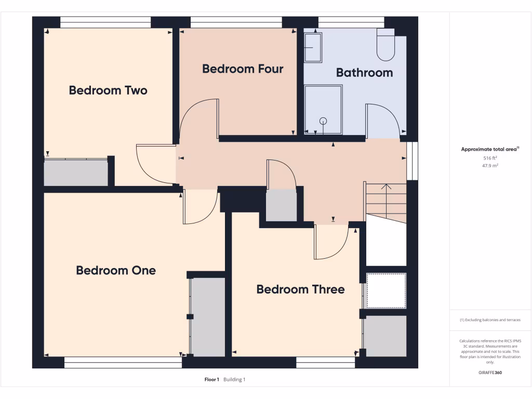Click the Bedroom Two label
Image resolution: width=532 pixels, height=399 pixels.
point(108,90)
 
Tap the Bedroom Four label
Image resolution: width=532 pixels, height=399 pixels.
point(243,69)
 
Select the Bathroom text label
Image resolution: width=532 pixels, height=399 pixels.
point(364,73)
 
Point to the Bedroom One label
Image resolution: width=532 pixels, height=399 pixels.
point(116,270)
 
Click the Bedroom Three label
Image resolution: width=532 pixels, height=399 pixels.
point(300,289)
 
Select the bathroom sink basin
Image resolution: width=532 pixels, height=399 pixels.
point(313,47)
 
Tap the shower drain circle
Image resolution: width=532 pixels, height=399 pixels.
point(324,121)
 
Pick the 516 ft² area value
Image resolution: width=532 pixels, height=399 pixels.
point(490,157)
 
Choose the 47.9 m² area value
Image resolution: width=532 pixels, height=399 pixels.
point(490,166)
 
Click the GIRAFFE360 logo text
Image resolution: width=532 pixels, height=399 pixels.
point(490,373)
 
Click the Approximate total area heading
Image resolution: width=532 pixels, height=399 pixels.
point(490,149)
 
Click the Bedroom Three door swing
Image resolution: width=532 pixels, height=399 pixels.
point(331,243)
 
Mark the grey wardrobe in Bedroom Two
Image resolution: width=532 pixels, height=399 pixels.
point(76,172)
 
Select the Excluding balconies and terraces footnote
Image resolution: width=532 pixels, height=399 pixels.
point(490,320)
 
